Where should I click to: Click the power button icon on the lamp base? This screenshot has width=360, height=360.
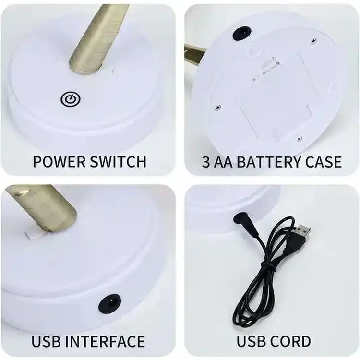click(x=71, y=99)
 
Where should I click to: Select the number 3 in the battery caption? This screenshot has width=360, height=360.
click(x=206, y=162)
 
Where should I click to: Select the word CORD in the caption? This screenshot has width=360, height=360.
click(x=289, y=342)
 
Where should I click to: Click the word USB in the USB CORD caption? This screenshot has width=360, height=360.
click(x=250, y=342)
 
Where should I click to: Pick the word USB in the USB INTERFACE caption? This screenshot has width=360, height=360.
click(x=47, y=342)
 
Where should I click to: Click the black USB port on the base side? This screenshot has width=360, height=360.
click(x=109, y=303)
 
